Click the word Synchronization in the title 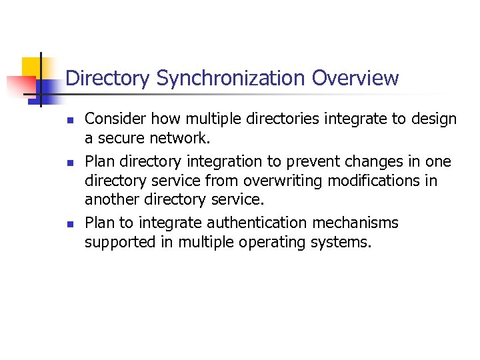click(x=231, y=79)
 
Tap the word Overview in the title click(x=355, y=78)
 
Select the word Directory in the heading click(x=108, y=79)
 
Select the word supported click(x=117, y=242)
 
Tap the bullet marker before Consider click(x=69, y=121)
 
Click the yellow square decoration click(x=33, y=67)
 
